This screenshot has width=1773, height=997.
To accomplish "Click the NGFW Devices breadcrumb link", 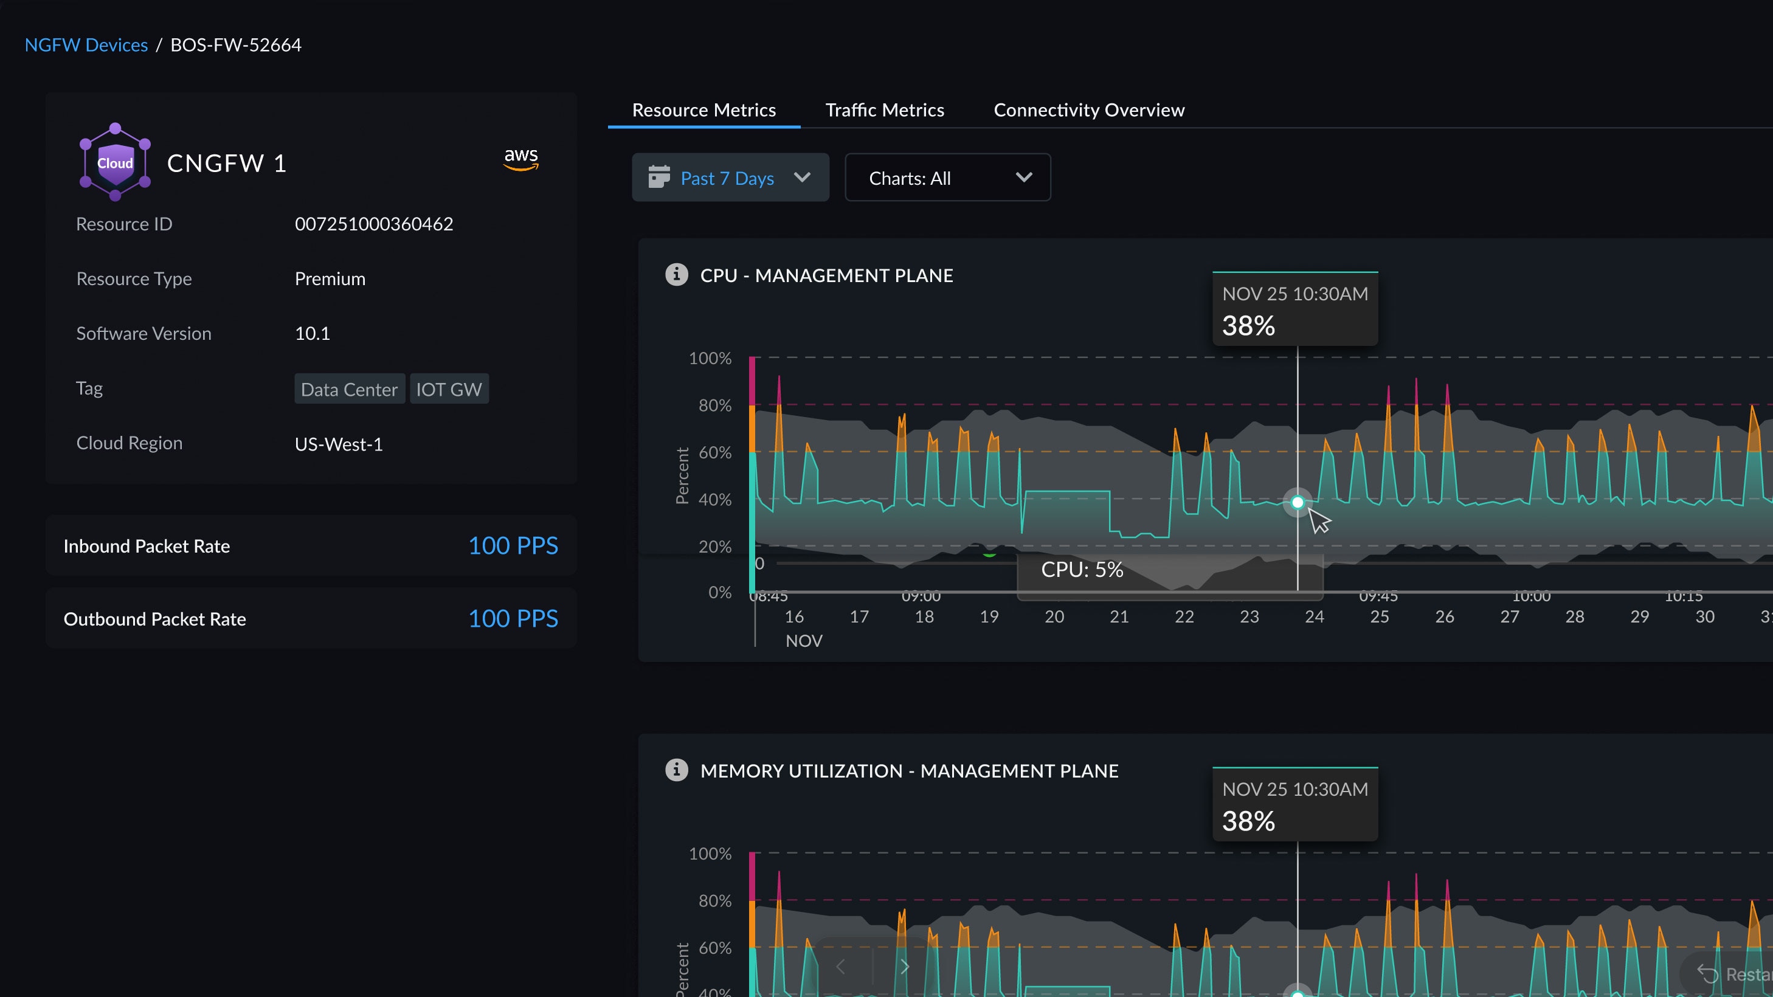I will pos(86,45).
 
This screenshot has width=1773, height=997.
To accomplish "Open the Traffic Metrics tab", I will pos(885,110).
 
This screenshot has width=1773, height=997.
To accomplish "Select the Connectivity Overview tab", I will pos(1089,110).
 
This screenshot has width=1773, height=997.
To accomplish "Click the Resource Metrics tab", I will pos(703,110).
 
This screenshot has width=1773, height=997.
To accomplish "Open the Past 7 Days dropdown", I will pos(730,178).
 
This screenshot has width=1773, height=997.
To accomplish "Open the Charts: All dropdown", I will pos(947,178).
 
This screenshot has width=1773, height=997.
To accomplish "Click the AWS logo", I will pos(521,159).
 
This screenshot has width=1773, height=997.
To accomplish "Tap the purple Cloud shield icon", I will pos(115,162).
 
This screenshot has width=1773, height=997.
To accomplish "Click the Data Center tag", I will pos(349,390).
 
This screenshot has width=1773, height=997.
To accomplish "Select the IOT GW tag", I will pos(449,390).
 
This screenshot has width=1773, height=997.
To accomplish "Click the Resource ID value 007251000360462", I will pos(374,224).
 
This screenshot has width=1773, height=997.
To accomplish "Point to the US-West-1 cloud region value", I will pos(339,444).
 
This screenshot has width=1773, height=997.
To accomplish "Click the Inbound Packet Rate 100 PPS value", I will pos(513,546).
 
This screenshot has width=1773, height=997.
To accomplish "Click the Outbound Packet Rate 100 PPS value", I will pos(513,619).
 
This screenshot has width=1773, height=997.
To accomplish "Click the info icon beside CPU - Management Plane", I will pos(676,275).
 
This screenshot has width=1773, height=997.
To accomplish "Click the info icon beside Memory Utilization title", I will pos(676,770).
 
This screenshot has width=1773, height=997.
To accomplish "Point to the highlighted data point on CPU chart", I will pos(1298,502).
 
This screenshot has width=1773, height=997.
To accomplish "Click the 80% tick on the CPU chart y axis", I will pos(714,405).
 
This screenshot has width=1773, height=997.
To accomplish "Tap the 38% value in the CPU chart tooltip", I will pos(1248,325).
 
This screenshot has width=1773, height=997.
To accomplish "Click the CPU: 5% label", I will pos(1081,570).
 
